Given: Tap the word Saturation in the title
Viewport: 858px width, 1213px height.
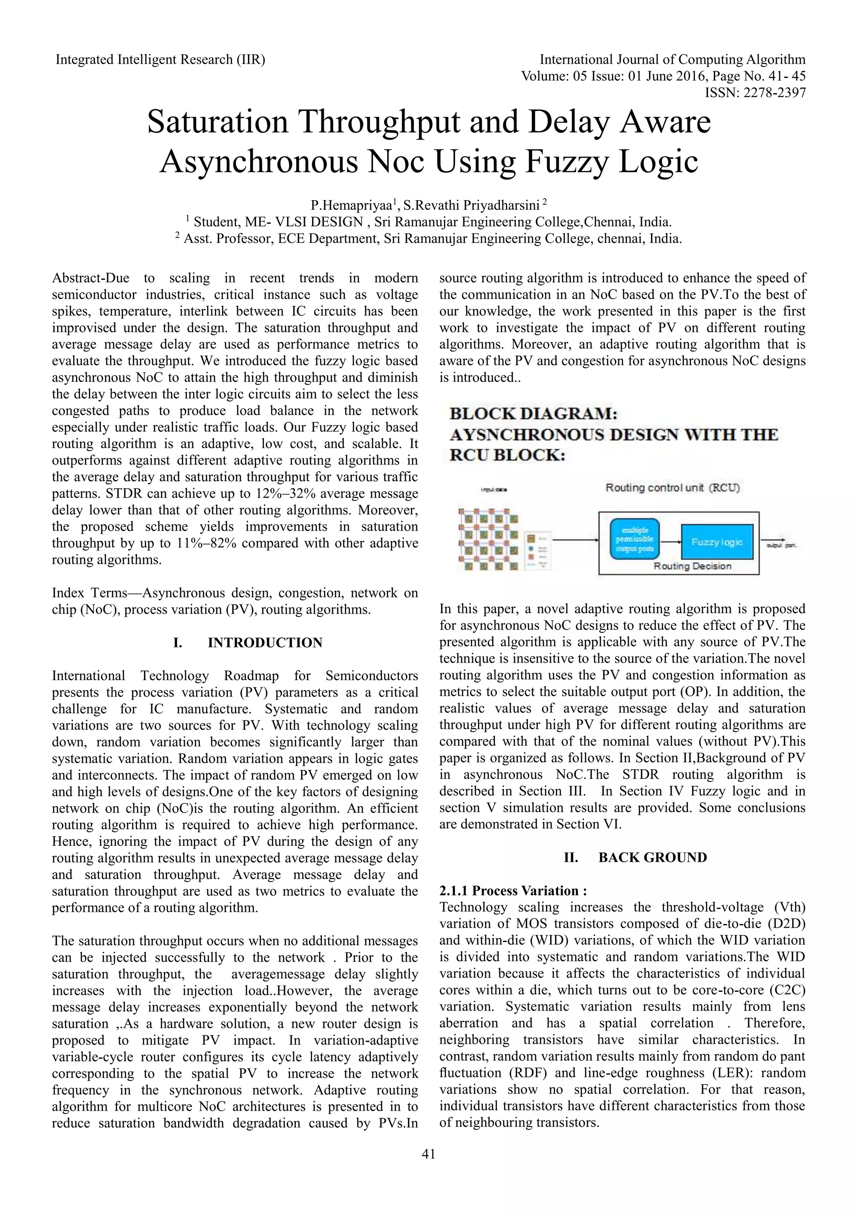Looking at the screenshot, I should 218,122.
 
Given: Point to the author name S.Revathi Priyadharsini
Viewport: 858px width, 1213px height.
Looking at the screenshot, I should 471,205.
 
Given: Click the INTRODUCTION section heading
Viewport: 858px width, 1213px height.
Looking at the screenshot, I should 265,643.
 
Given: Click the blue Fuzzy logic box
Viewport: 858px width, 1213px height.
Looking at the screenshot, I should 716,542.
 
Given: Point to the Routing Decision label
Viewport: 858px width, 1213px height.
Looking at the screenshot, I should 692,566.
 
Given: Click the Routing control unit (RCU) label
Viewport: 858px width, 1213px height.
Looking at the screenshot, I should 672,488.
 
